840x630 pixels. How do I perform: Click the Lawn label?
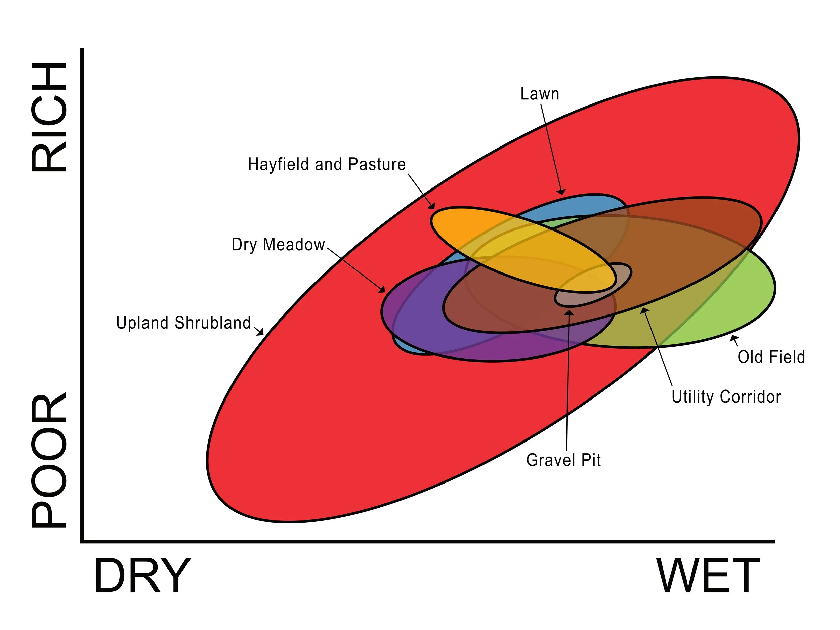540,94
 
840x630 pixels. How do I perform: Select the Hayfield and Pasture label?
327,164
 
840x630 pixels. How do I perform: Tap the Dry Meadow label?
278,245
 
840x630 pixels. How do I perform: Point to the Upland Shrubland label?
183,323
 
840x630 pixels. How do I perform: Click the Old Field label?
771,357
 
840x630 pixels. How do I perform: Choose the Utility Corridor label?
726,397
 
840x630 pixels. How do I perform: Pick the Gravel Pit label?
563,460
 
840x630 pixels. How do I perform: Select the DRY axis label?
142,575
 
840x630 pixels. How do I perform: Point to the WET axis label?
708,575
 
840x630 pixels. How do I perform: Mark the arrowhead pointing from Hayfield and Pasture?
432,206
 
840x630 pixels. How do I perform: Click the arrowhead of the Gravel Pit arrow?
569,312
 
